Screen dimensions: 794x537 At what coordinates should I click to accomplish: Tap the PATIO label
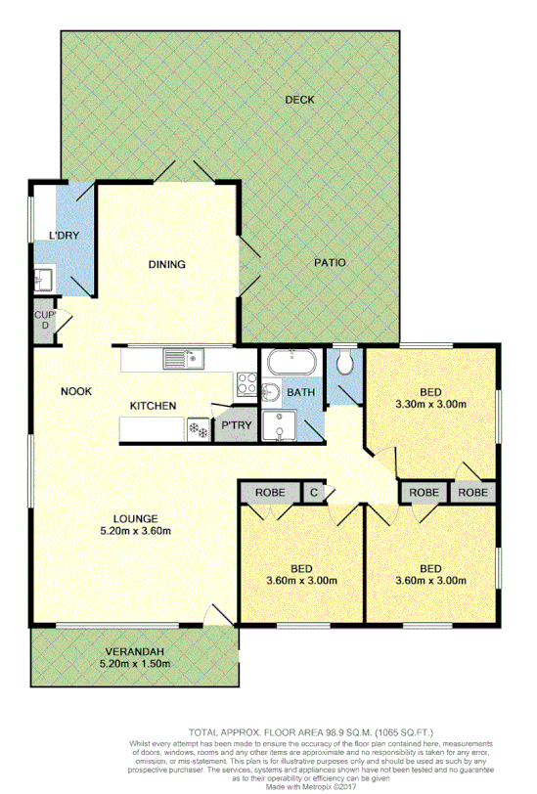pyautogui.click(x=330, y=263)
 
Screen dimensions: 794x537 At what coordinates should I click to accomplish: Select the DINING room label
pyautogui.click(x=167, y=264)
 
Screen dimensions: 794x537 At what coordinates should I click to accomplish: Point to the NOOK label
pyautogui.click(x=76, y=391)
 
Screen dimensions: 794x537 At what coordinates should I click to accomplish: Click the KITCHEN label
pyautogui.click(x=155, y=406)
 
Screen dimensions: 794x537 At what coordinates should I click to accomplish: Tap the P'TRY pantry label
pyautogui.click(x=235, y=425)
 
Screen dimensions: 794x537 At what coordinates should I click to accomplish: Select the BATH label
pyautogui.click(x=299, y=393)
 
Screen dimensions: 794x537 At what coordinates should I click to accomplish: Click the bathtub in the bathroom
pyautogui.click(x=289, y=362)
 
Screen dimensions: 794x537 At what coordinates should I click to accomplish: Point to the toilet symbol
pyautogui.click(x=343, y=363)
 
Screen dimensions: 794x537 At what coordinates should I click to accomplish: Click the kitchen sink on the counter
pyautogui.click(x=183, y=359)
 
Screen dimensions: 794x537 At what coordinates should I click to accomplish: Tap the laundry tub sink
pyautogui.click(x=44, y=281)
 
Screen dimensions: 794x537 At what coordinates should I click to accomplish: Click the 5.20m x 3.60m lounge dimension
pyautogui.click(x=136, y=532)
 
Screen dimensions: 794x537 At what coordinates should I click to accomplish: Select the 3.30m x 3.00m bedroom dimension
pyautogui.click(x=430, y=403)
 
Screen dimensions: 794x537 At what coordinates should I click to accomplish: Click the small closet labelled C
pyautogui.click(x=314, y=492)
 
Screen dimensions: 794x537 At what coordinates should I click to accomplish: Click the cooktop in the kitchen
pyautogui.click(x=245, y=388)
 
